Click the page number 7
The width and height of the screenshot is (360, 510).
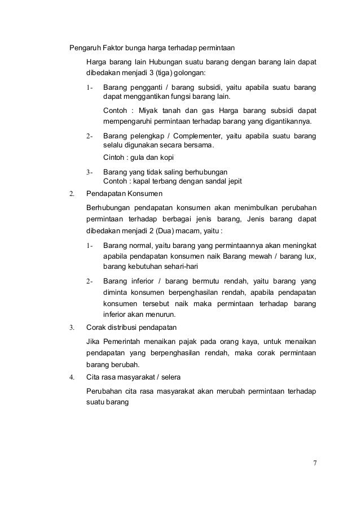315,464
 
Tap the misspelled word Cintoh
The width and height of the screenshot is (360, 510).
116,158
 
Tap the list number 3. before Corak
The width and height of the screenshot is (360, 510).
72,327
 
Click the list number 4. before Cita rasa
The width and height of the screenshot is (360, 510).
72,377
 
